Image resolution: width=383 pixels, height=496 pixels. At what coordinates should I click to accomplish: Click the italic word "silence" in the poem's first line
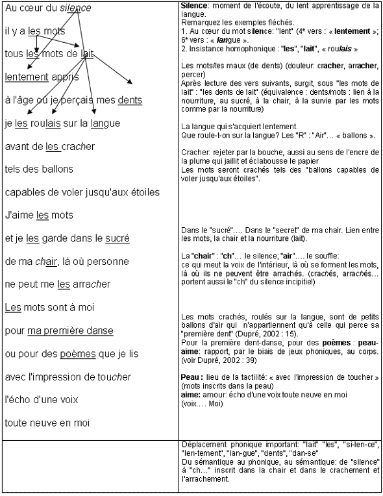[77, 8]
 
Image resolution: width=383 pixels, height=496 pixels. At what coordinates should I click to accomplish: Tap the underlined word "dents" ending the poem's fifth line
[130, 101]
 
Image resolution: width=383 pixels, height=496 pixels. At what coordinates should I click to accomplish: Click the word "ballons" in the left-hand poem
[55, 169]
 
